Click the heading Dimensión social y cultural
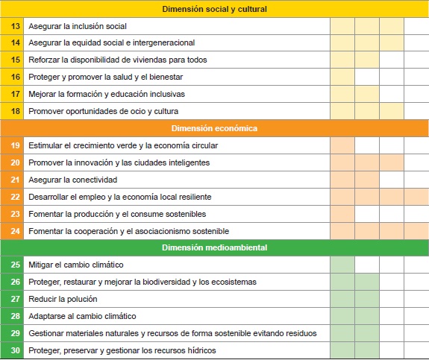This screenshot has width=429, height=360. [214, 9]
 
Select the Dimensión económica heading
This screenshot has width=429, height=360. [214, 128]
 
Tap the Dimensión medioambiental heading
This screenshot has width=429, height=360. [214, 247]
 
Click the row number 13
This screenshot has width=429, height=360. [15, 26]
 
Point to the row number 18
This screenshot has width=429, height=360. [15, 111]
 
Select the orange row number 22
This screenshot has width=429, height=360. [15, 197]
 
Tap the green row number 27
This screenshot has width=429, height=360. [15, 299]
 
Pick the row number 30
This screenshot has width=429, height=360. [15, 350]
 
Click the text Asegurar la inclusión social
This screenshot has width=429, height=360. [78, 26]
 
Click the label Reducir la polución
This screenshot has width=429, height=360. [63, 299]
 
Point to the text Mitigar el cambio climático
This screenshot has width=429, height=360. [75, 265]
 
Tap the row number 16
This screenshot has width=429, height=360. [15, 77]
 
